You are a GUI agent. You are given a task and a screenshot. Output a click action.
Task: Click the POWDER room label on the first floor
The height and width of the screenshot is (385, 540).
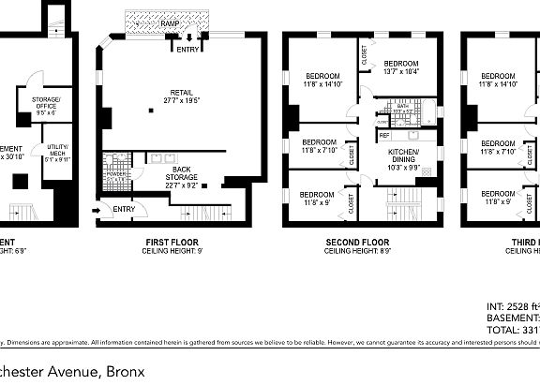pos(117,174)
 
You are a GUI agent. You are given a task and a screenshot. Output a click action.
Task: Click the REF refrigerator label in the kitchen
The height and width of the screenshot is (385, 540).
pos(384,136)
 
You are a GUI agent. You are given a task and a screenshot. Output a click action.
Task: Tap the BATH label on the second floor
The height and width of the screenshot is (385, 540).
pos(403,107)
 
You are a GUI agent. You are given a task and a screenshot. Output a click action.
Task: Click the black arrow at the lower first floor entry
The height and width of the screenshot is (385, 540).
pos(97,209)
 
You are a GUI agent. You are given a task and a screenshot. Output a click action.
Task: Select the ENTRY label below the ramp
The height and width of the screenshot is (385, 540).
pos(187,49)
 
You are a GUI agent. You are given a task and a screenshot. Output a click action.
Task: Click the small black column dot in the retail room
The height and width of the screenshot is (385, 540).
pos(150,111)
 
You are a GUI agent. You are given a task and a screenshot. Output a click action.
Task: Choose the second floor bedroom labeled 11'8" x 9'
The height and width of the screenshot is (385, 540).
pos(319,197)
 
